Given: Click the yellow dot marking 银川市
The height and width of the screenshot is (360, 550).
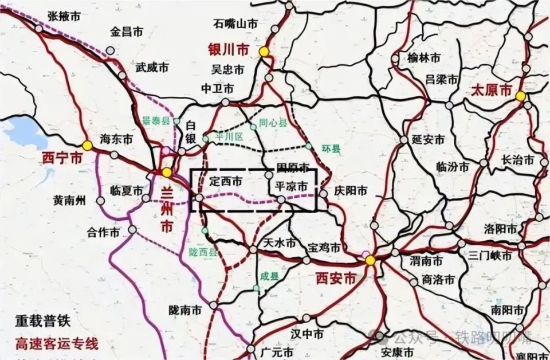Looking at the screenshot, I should pos(264,51).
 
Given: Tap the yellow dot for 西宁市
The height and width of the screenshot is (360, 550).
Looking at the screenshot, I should pos(87,146).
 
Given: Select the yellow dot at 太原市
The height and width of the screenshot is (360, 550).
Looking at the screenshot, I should pos(520,96).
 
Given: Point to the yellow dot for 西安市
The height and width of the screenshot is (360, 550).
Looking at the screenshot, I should pos(371,260).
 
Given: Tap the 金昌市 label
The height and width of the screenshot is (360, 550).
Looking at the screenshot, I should pos(127,32).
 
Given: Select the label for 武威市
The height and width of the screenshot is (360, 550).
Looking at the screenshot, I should pos(151,67).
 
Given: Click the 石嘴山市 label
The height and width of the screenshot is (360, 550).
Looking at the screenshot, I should pos(235,24).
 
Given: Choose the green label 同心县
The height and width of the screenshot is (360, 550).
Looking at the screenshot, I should pos(272,122).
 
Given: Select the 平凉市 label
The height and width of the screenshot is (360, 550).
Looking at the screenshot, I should pos(292,186).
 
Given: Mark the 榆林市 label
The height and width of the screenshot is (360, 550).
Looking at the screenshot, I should pos(424,58).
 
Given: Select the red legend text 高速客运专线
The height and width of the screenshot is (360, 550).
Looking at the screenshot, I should pos(57,344).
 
